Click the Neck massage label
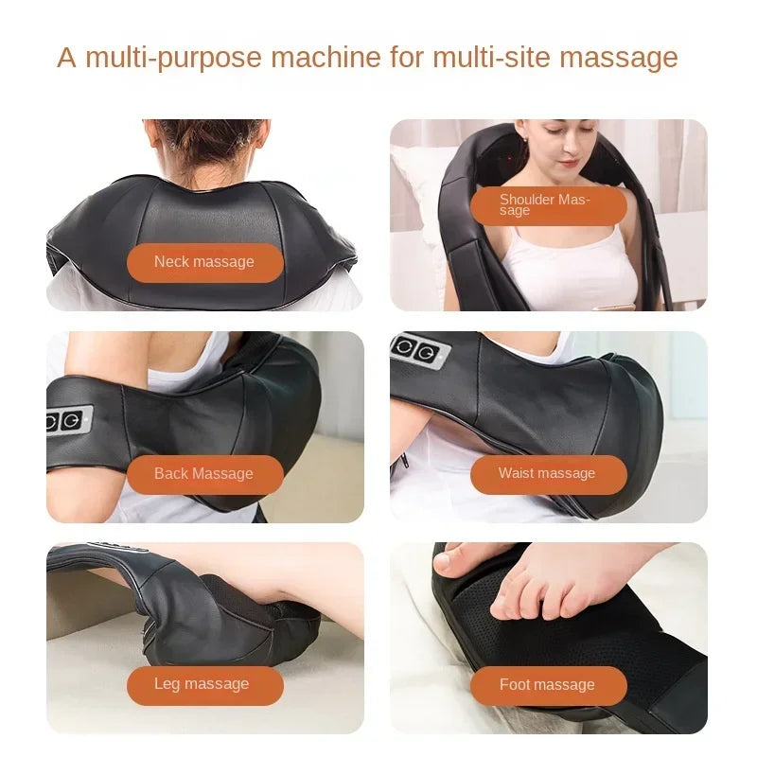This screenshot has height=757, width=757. (x=204, y=262)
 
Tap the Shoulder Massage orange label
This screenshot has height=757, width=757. (x=548, y=204)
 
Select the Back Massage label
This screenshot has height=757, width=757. (x=204, y=473)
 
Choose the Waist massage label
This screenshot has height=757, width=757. (x=548, y=473)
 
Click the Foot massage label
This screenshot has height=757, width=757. (x=548, y=684)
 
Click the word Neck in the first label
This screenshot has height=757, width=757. (x=171, y=262)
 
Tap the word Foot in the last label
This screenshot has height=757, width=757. (x=516, y=684)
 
